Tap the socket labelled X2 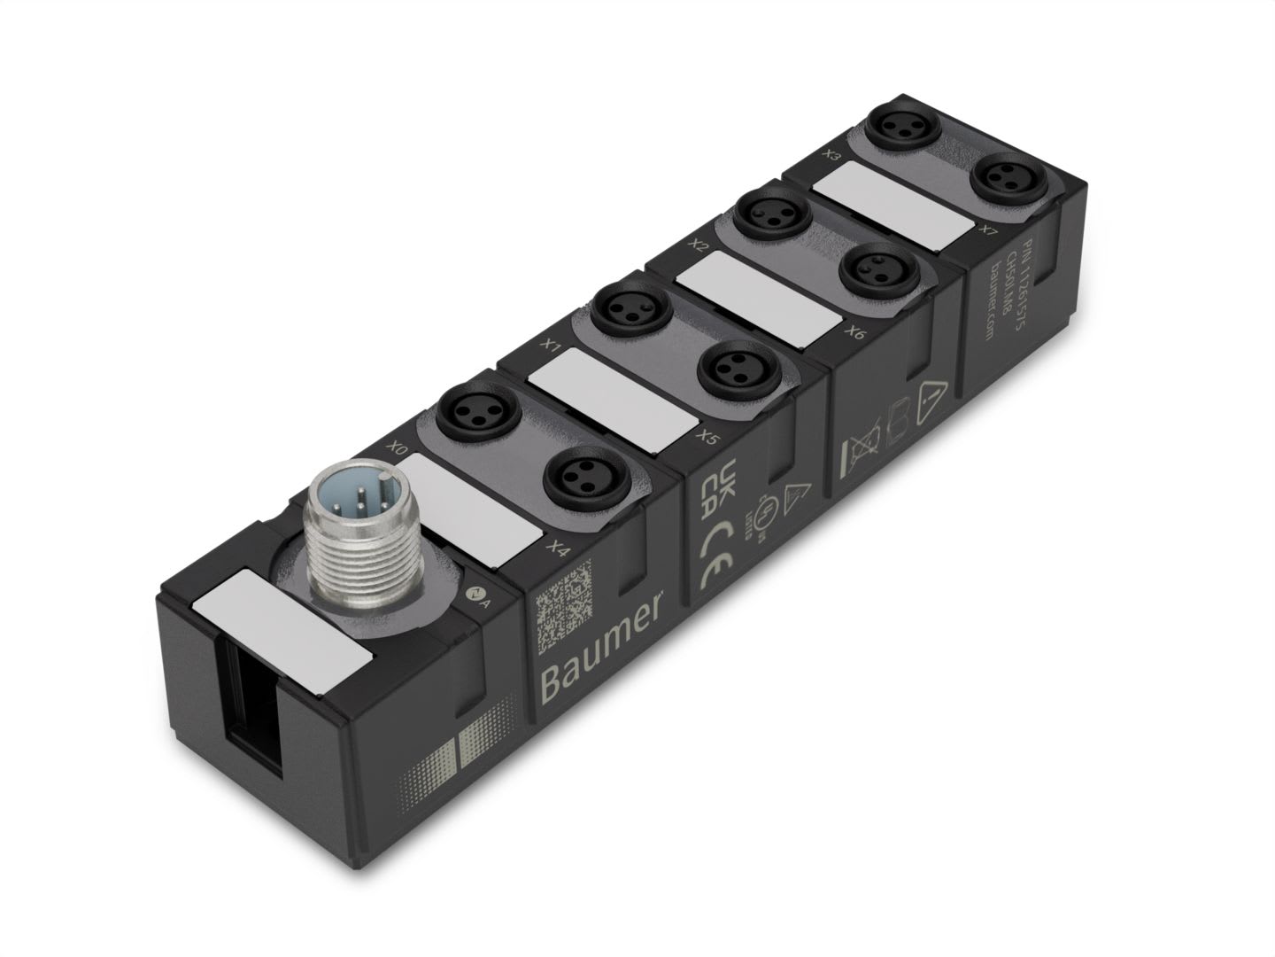(761, 213)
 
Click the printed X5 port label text (706, 436)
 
